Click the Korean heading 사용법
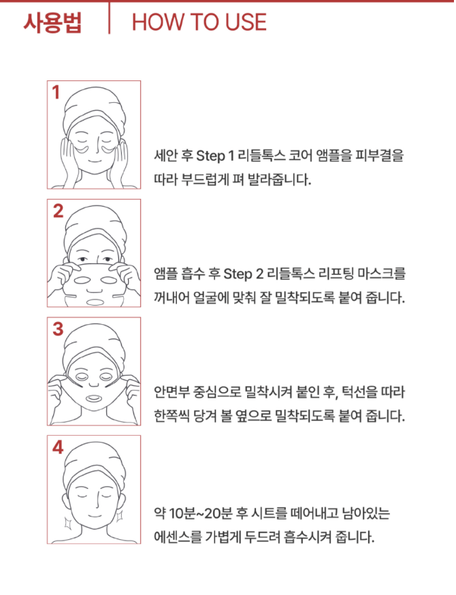point(52,22)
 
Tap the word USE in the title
point(246,22)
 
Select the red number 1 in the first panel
point(56,92)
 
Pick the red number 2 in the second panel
point(58,211)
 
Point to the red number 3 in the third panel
point(58,329)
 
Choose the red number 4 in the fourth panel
point(58,447)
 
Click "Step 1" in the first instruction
point(215,156)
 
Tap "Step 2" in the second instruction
point(243,274)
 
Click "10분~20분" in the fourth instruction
point(200,513)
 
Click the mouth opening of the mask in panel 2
point(95,302)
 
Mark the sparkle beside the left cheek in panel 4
point(68,524)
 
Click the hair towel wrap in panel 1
point(95,106)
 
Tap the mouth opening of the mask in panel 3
point(93,399)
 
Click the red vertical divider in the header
point(110,18)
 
